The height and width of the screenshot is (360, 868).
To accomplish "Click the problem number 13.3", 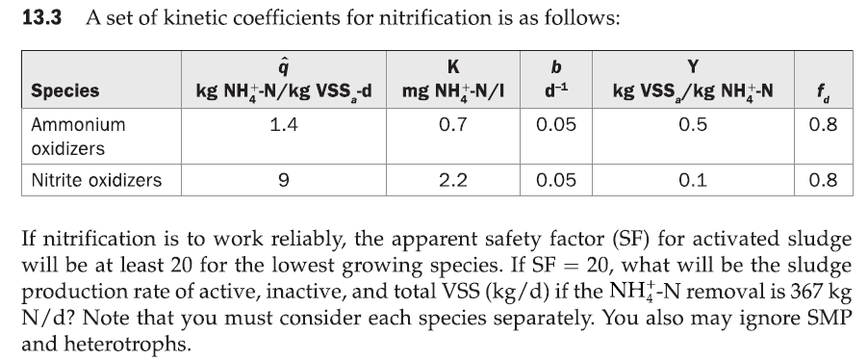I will pyautogui.click(x=41, y=18).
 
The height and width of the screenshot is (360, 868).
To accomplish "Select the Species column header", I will pyautogui.click(x=65, y=90).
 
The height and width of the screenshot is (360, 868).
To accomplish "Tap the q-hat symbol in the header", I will pyautogui.click(x=284, y=69).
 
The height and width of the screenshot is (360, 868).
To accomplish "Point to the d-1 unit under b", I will pyautogui.click(x=552, y=91).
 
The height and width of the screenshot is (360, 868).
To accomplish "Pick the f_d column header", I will pyautogui.click(x=824, y=92).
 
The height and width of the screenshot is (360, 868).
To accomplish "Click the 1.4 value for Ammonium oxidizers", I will pyautogui.click(x=284, y=124).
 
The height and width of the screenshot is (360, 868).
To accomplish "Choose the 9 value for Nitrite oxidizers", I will pyautogui.click(x=284, y=179).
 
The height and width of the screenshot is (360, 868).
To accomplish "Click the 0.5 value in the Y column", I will pyautogui.click(x=692, y=124).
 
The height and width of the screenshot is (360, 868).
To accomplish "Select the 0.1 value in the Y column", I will pyautogui.click(x=692, y=179).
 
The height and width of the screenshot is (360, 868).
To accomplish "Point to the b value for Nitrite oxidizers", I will pyautogui.click(x=552, y=179).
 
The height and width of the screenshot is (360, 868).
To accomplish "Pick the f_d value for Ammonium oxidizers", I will pyautogui.click(x=824, y=124).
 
